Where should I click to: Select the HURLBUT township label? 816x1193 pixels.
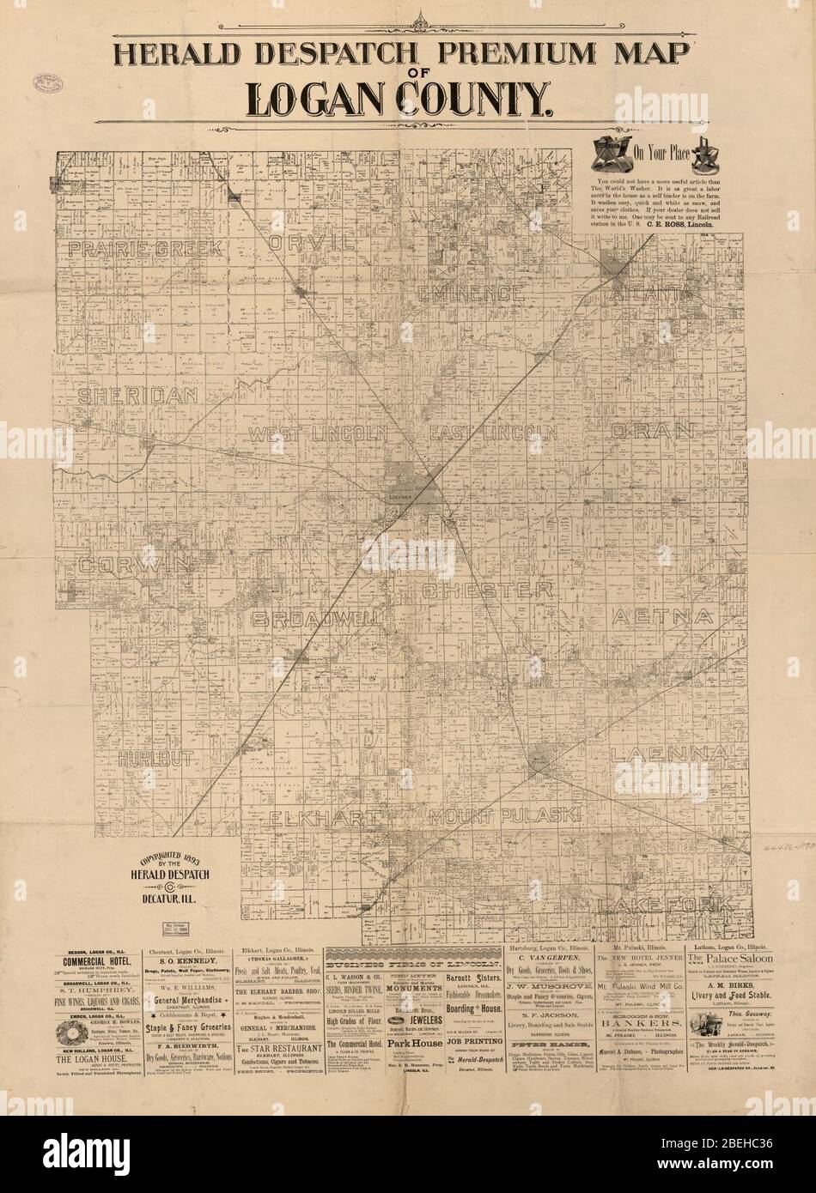point(158,760)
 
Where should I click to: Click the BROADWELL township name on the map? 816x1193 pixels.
point(317,619)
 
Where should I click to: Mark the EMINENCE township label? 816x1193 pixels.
point(471,293)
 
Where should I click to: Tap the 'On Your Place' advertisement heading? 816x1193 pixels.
point(663,155)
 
